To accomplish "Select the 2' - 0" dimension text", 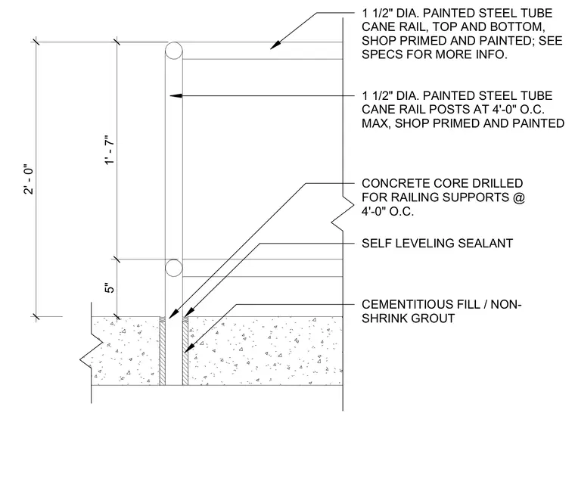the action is [29, 179].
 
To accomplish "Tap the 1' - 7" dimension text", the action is [110, 151].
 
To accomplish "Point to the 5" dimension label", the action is [110, 287].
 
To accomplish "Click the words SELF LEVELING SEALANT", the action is [437, 243].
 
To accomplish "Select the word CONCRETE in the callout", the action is [396, 183].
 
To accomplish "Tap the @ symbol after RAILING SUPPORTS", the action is [519, 197].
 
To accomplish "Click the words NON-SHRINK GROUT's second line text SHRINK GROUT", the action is [408, 319].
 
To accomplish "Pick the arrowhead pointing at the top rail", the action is [275, 45].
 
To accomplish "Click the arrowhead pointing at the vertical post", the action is [176, 96].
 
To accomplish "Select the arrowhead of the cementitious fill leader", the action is [188, 347].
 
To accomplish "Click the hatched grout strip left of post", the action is [162, 351].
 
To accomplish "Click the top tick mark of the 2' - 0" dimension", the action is [36, 42].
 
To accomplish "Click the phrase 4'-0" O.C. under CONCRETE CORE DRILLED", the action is [387, 211].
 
